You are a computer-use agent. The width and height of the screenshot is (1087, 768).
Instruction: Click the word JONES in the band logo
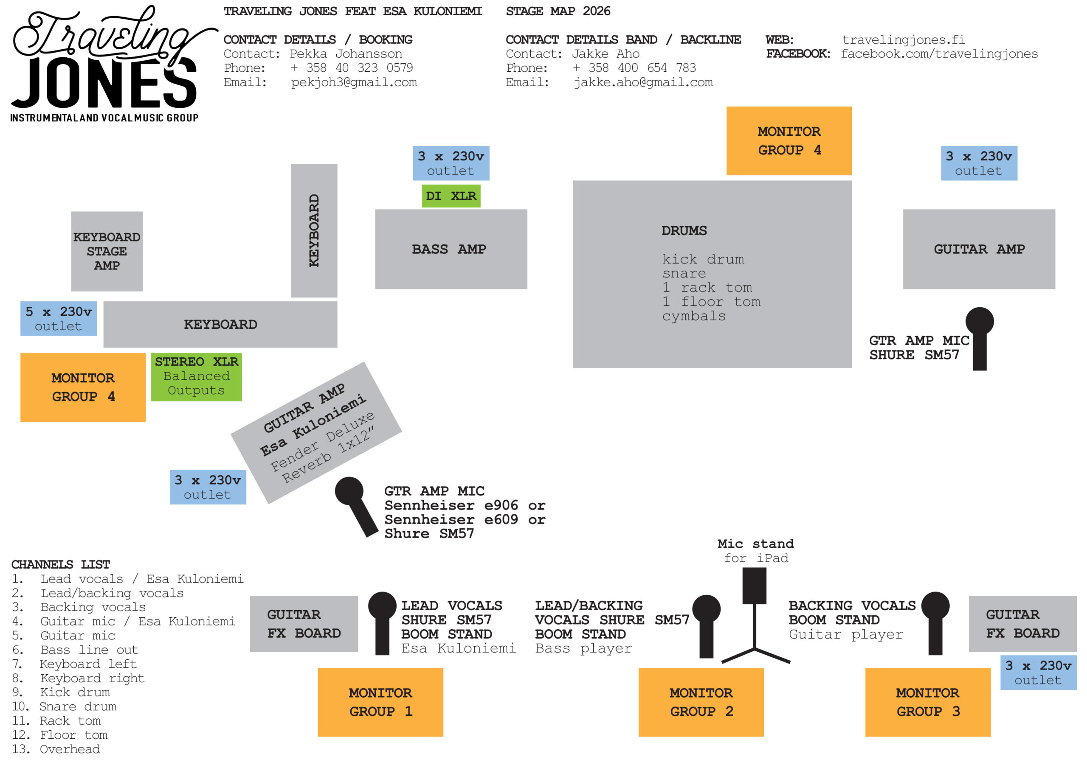point(104,83)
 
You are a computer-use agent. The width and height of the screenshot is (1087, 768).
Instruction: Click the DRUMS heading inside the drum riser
point(684,230)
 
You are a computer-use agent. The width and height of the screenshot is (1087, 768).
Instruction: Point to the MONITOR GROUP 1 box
point(380,702)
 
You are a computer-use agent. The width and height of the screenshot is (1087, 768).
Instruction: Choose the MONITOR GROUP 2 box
point(701,702)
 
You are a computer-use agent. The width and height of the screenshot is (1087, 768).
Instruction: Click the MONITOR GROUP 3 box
point(927,702)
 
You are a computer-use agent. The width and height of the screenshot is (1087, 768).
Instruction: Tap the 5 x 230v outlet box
point(59,319)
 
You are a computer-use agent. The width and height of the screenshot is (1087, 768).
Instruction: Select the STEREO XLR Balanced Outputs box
point(197,377)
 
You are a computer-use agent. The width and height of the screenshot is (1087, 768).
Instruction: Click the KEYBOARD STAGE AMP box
point(107,251)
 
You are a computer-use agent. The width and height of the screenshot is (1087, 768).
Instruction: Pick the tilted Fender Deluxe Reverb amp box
point(316,433)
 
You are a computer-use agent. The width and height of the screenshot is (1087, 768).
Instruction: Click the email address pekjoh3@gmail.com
point(354,82)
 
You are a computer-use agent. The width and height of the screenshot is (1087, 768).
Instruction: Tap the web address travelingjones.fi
point(903,40)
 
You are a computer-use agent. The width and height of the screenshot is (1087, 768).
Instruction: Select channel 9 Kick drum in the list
point(61,692)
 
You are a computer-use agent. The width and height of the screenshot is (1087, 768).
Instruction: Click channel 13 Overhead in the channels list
point(56,749)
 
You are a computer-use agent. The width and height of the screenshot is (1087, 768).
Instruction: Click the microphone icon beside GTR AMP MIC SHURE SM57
point(980,338)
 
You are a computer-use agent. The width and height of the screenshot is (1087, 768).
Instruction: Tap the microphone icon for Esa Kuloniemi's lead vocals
point(382,623)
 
